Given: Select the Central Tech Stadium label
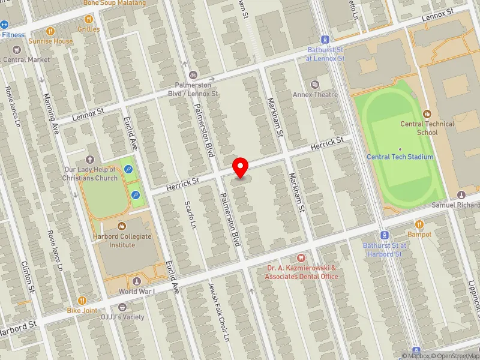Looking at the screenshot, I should tap(400, 157).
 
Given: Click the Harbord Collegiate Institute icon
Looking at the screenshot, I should tap(122, 226).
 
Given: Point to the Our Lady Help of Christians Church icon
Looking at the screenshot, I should tap(90, 160).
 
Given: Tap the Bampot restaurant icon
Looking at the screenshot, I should tap(419, 224).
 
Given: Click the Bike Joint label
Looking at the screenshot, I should tap(82, 310).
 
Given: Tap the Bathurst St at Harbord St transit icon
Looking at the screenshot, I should tap(384, 235).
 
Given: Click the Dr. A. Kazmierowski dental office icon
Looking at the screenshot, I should tap(302, 257).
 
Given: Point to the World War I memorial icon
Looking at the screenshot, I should tap(137, 281).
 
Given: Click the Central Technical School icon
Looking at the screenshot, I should tap(427, 113).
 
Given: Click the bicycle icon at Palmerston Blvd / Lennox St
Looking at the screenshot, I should tap(193, 76).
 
